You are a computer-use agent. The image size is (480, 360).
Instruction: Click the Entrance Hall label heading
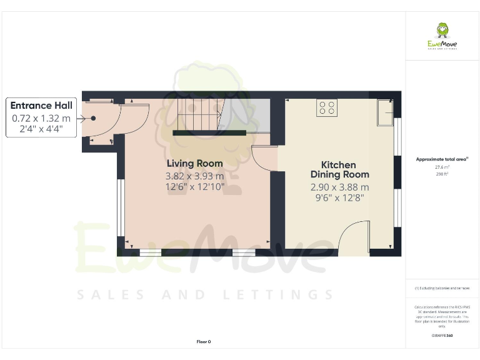pos(41,106)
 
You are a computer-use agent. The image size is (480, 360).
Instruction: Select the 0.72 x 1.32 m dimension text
pos(41,118)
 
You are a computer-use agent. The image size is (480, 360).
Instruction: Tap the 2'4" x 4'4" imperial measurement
pos(41,130)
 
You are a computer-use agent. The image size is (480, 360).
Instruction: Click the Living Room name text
pos(194,164)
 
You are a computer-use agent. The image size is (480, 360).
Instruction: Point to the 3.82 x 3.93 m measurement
pos(194,176)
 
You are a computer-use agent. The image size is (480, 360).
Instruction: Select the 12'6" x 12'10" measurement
pos(194,187)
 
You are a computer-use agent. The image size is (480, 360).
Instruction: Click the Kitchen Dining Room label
pos(339,169)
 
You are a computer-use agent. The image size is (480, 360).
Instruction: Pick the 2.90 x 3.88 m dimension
pos(339,187)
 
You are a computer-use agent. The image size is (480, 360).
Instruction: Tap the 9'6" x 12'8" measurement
pos(339,198)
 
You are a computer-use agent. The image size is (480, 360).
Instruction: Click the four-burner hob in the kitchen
pos(326,108)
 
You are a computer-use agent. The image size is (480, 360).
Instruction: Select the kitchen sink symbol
pos(385,113)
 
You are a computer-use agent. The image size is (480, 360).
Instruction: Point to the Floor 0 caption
pos(204,341)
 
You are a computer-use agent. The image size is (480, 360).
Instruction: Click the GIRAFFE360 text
pos(442,336)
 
